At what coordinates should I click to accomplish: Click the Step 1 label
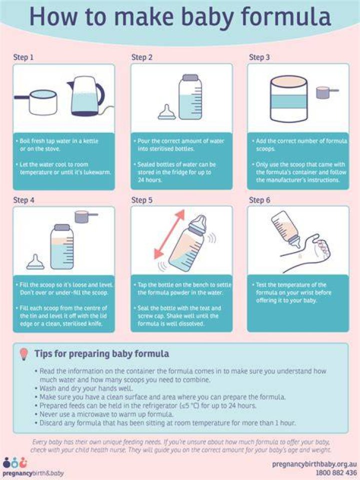pyautogui.click(x=23, y=57)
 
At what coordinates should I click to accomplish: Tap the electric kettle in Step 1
pyautogui.click(x=86, y=96)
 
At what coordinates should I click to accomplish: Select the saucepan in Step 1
pyautogui.click(x=36, y=102)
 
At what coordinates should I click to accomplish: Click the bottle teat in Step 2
pyautogui.click(x=166, y=112)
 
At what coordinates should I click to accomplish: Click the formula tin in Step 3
pyautogui.click(x=288, y=98)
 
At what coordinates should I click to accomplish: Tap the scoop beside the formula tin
pyautogui.click(x=327, y=92)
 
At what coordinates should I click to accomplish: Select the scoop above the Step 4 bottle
pyautogui.click(x=86, y=216)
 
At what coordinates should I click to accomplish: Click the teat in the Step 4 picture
pyautogui.click(x=35, y=262)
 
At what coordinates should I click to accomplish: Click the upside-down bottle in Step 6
pyautogui.click(x=285, y=229)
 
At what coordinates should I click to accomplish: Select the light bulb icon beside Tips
pyautogui.click(x=24, y=354)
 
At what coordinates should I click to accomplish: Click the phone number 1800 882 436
pyautogui.click(x=336, y=472)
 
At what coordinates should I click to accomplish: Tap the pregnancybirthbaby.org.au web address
pyautogui.click(x=314, y=464)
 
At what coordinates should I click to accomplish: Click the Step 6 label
pyautogui.click(x=259, y=200)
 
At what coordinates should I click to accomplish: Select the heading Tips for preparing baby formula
pyautogui.click(x=101, y=354)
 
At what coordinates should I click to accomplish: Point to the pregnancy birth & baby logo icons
pyautogui.click(x=15, y=463)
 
